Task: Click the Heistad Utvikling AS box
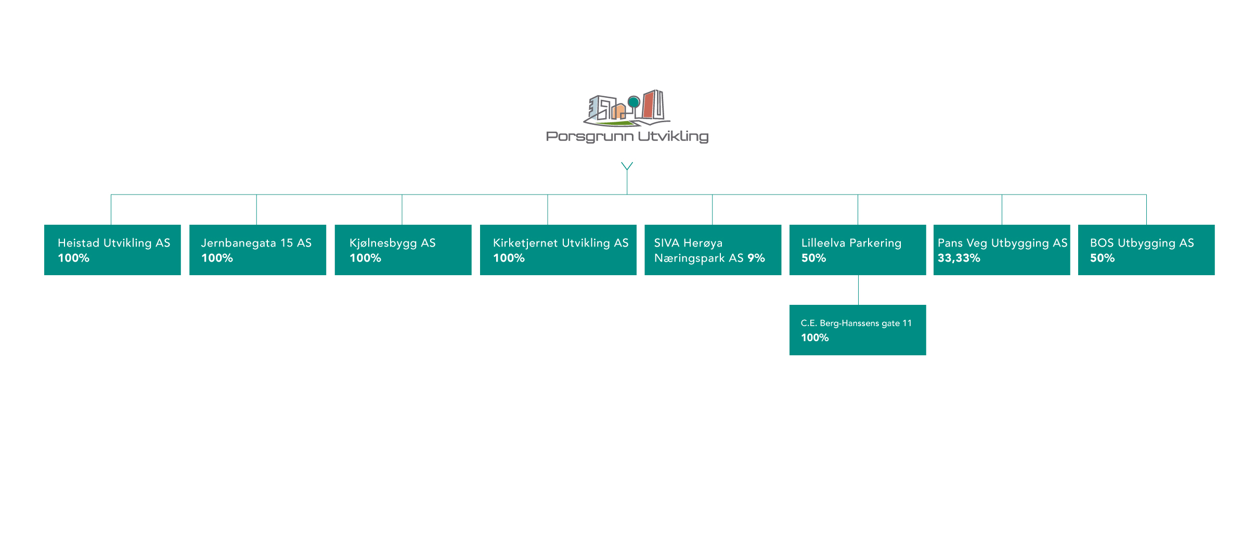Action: [x=112, y=250]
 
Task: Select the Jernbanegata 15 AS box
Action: [x=257, y=250]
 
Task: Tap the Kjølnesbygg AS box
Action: [x=403, y=250]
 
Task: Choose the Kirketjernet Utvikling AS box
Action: [x=558, y=250]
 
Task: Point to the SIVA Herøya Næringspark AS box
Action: [x=713, y=250]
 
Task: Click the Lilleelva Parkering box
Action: [x=858, y=250]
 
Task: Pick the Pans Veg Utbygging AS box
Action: [x=1002, y=250]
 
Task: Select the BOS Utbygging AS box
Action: [x=1146, y=250]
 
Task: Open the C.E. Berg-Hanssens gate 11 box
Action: [x=858, y=330]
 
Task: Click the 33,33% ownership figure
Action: [x=959, y=259]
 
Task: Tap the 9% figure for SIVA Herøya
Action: [x=756, y=258]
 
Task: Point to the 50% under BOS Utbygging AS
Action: [x=1102, y=258]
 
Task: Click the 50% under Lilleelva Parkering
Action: [x=813, y=258]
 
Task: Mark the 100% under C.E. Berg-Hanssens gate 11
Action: [x=815, y=338]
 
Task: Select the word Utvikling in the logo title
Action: [x=673, y=137]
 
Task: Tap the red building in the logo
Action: [x=648, y=105]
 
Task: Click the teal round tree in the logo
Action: [x=633, y=102]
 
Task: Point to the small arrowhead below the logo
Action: [x=627, y=166]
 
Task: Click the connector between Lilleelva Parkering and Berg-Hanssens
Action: [x=858, y=290]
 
